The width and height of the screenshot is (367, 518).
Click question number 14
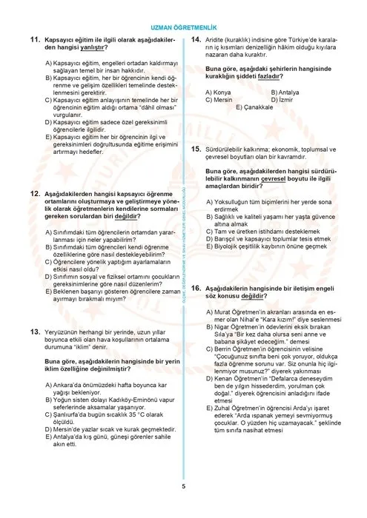[196, 38]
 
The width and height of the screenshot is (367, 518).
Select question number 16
[196, 286]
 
